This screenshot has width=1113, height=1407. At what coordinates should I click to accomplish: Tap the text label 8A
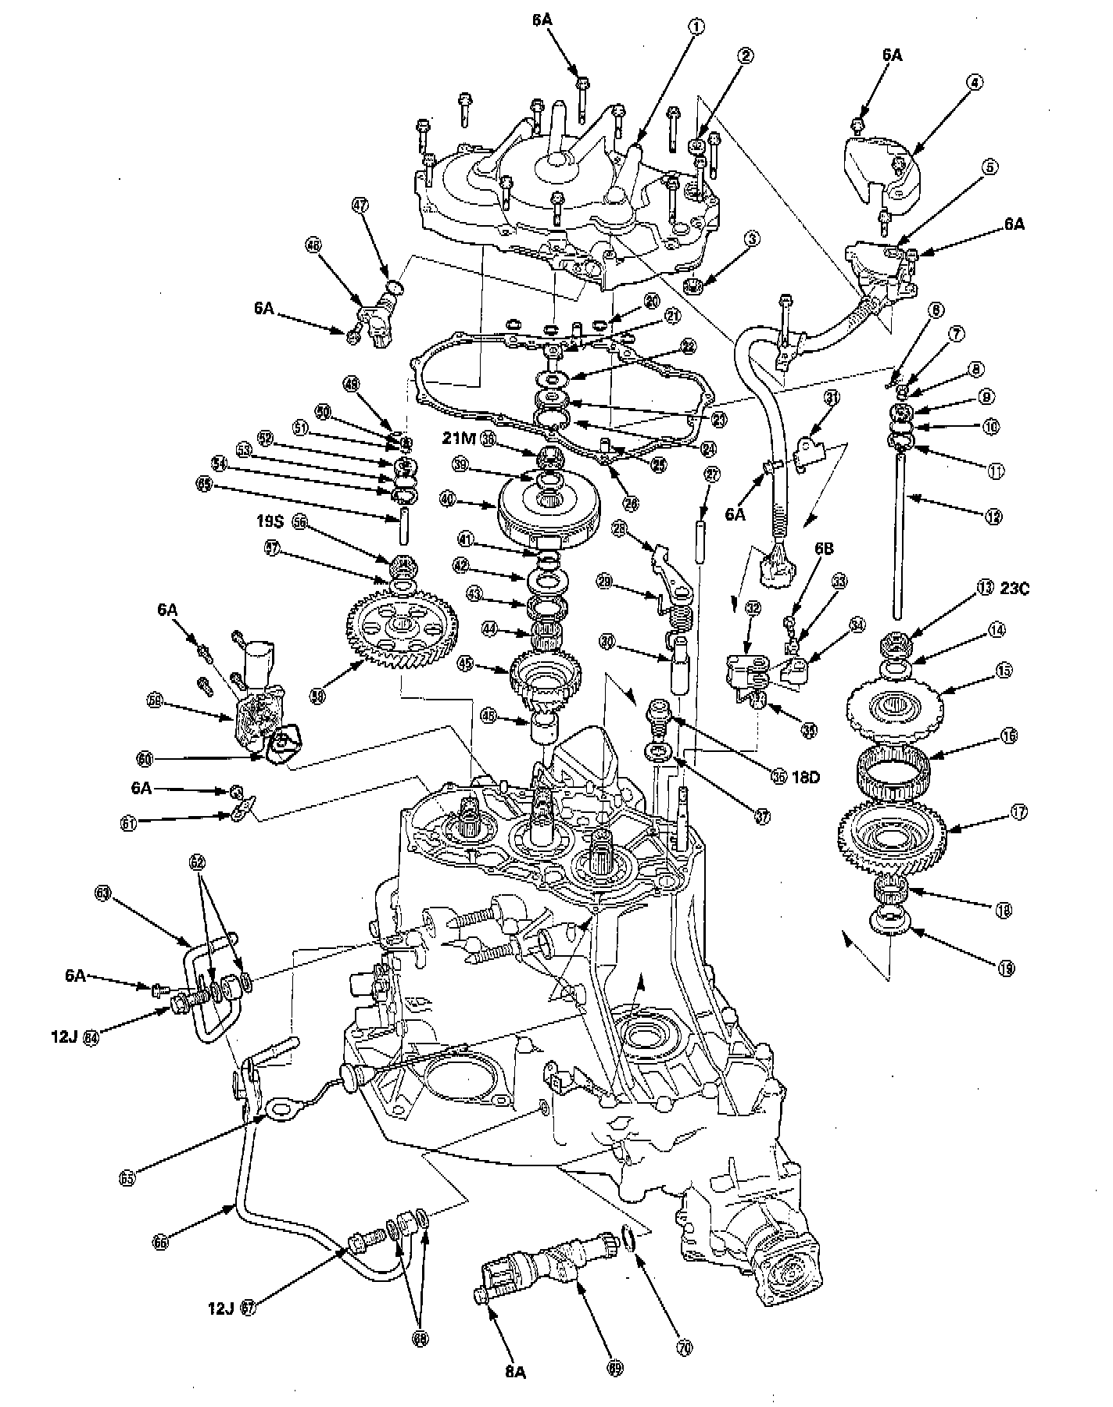click(514, 1371)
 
